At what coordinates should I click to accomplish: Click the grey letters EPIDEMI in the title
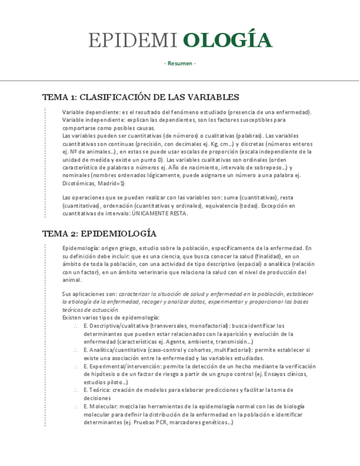click(x=132, y=40)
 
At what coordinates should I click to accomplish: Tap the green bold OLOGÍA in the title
click(x=228, y=40)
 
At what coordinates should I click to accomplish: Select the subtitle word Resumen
click(x=180, y=63)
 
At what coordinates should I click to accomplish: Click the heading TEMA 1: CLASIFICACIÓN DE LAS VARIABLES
click(x=141, y=97)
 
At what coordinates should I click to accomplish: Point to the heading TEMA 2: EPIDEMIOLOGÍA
click(x=99, y=234)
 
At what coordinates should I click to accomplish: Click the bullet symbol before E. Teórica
click(x=75, y=390)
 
